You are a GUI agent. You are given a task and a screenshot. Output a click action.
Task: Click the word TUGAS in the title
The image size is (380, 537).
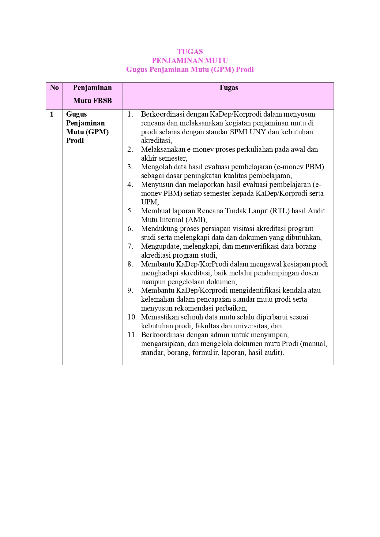coord(190,52)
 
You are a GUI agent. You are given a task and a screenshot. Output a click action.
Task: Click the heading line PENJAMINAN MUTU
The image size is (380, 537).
coord(190,61)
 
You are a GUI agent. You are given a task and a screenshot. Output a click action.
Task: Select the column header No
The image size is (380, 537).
coord(54,88)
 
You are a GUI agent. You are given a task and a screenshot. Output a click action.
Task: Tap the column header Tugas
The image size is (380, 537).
coord(228,88)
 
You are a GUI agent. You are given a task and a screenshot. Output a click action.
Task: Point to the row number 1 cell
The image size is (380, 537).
coord(52,114)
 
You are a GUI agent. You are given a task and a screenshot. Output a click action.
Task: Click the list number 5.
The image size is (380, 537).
coord(130,211)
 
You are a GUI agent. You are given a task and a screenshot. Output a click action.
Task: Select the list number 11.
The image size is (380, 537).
coord(132,335)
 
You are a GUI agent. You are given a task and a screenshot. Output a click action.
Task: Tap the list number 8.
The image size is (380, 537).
coord(130,264)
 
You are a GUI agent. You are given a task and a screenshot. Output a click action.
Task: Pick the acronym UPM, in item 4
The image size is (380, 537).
coord(150,202)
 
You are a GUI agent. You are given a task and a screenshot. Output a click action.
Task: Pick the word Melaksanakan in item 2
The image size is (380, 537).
coord(163,150)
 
